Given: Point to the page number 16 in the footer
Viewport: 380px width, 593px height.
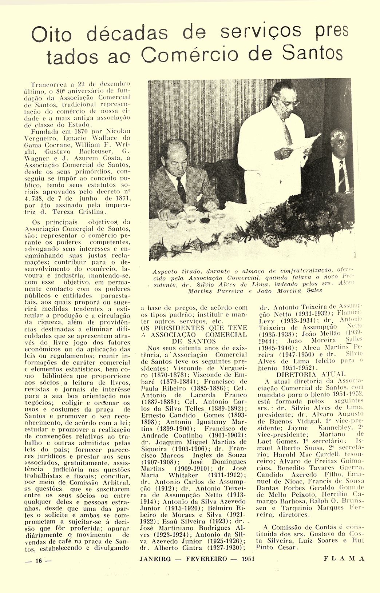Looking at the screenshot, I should (39, 561).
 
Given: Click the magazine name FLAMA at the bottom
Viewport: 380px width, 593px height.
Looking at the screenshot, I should (344, 559).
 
